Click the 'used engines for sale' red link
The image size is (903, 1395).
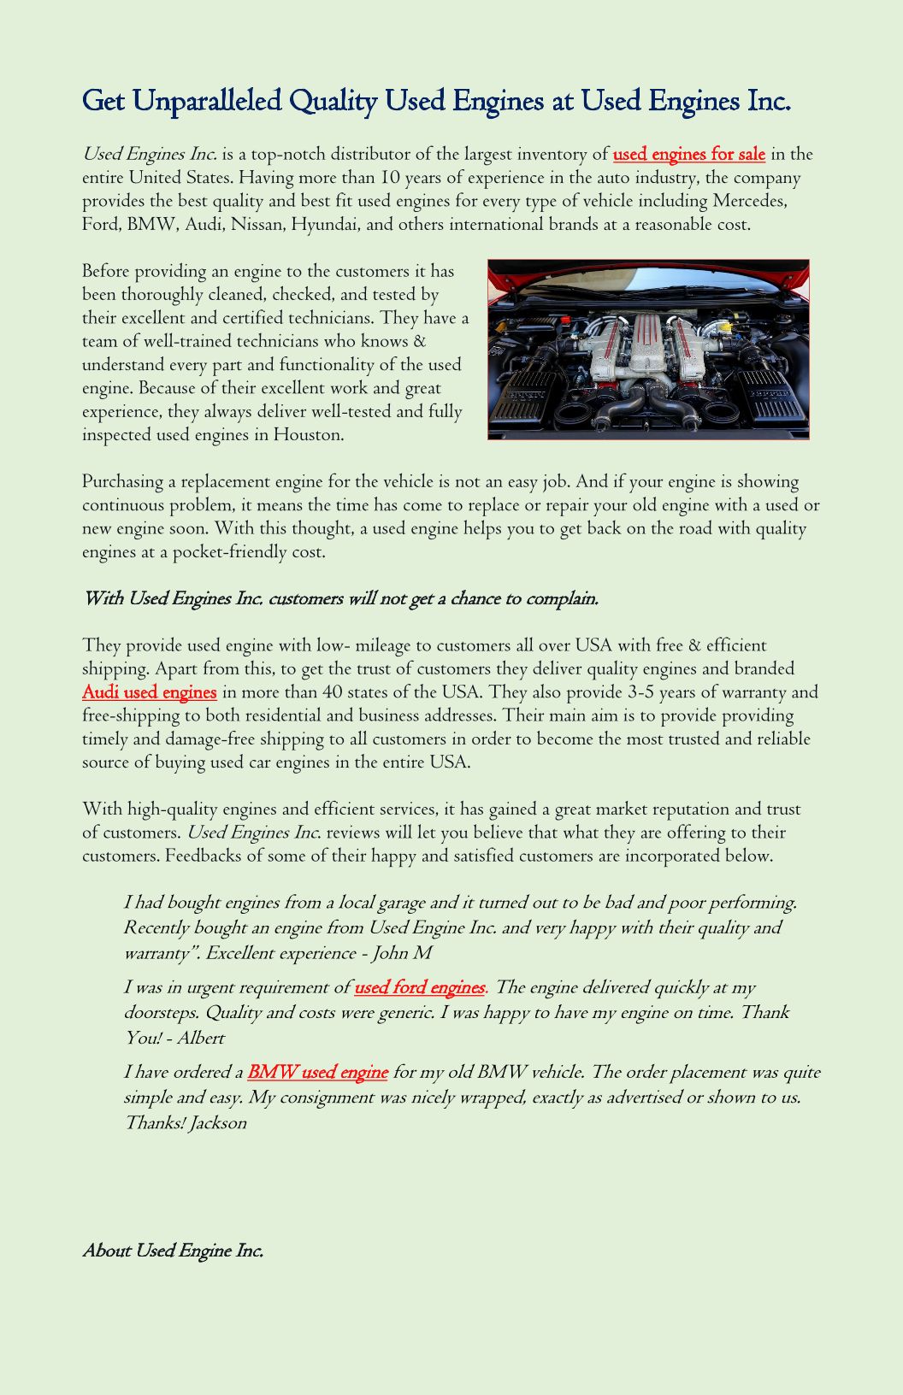pos(688,155)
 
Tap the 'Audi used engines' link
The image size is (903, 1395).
pos(149,692)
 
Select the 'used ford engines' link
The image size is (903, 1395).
pos(419,988)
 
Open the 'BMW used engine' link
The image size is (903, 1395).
pos(317,1073)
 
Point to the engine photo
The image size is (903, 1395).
pos(648,350)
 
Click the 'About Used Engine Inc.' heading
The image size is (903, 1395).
pos(173,1251)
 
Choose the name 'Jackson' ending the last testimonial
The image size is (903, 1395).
pos(218,1123)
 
